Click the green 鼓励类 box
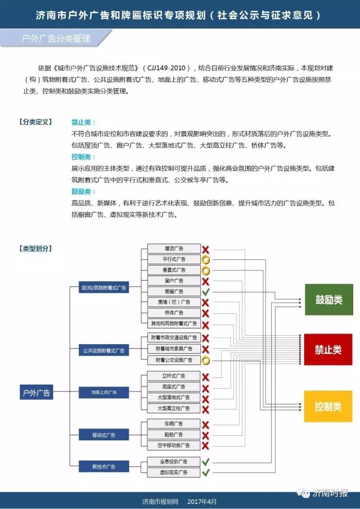pos(328,299)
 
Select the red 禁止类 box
pos(328,349)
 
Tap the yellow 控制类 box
pos(328,406)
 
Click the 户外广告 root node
pos(37,393)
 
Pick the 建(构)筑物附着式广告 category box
pos(104,288)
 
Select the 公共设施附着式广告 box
pos(104,350)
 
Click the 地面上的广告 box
pos(104,391)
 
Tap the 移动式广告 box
pos(104,435)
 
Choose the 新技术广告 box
pos(104,466)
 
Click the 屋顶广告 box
pos(174,249)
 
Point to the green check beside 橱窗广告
pos(206,292)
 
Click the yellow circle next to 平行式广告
pos(206,260)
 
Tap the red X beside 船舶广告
pos(206,435)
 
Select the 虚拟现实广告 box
pos(174,473)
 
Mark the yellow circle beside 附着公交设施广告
pos(206,360)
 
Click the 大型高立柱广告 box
pos(174,408)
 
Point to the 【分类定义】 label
pos(35,121)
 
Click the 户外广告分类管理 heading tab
pos(56,39)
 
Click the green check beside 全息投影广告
pos(206,462)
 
